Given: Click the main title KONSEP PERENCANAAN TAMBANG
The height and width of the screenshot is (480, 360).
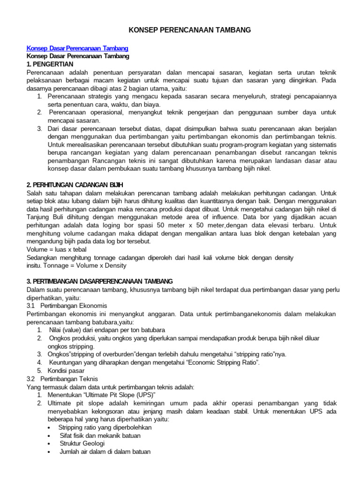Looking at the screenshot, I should click(190, 30).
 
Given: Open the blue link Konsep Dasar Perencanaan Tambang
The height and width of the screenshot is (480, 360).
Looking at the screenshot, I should click(77, 48).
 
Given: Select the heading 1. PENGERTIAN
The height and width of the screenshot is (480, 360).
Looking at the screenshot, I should click(50, 63).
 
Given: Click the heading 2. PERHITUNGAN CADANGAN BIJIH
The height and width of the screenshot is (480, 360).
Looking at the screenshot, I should click(75, 185).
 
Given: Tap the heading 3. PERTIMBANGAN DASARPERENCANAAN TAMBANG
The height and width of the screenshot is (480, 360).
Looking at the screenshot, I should click(100, 281).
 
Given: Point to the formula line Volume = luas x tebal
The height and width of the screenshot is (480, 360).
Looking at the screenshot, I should click(56, 250).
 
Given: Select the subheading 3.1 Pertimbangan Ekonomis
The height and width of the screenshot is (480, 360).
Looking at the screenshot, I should click(67, 305).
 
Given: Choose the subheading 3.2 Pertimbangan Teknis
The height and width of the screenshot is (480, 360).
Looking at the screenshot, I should click(63, 378).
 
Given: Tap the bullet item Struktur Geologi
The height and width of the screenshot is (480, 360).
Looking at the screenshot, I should click(82, 443).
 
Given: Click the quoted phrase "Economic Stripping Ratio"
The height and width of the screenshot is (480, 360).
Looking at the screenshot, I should click(218, 362).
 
